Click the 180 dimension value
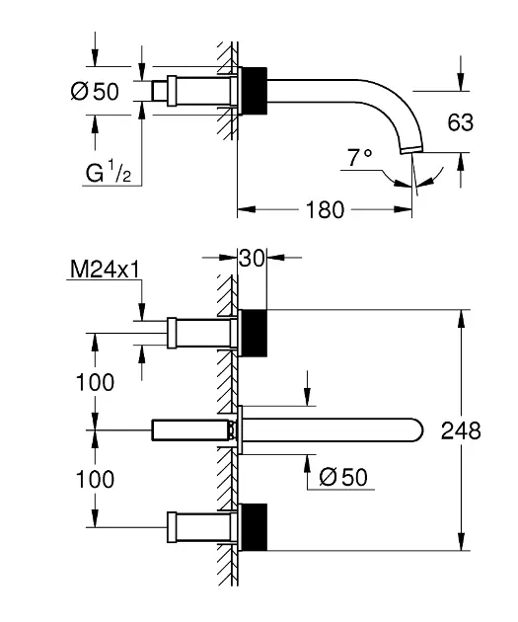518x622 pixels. tap(325, 210)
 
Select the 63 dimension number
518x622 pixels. tap(460, 122)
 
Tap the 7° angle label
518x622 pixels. tap(360, 157)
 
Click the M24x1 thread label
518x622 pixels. tap(105, 270)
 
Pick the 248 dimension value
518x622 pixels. tap(461, 430)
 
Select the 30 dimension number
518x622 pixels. tap(252, 259)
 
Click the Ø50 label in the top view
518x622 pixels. tap(95, 91)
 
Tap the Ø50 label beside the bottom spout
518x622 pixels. tap(343, 477)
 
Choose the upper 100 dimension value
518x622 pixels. tap(95, 382)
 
